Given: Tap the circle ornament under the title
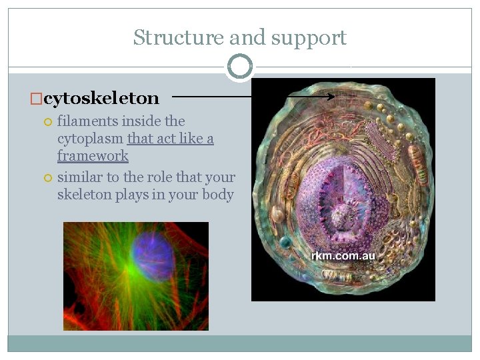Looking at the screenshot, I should (x=240, y=67).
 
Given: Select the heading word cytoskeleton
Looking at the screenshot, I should (x=101, y=99).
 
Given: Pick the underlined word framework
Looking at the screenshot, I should (x=93, y=156).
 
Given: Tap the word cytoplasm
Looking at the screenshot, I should (x=91, y=139).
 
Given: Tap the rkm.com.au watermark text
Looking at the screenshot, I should (x=343, y=255).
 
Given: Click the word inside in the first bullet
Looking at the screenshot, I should (x=141, y=121).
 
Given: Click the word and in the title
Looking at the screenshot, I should (x=239, y=37).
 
